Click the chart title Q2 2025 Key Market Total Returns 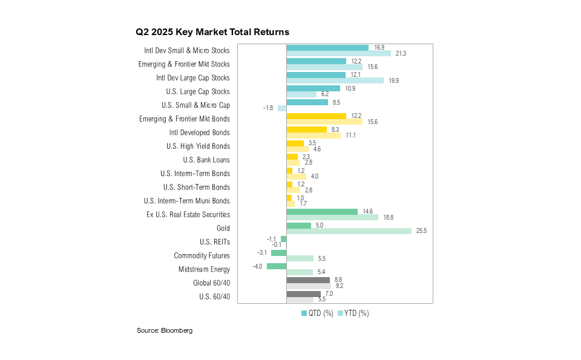tap(212, 31)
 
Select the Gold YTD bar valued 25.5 tap(349, 231)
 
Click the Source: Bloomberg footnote tap(165, 330)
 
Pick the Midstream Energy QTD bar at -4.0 tap(277, 266)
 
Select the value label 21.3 tap(400, 53)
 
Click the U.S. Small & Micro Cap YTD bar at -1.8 tap(282, 108)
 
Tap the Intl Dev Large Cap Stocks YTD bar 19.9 tap(335, 80)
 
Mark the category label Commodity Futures tap(202, 255)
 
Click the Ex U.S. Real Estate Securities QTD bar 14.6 tap(322, 211)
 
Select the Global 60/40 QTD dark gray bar tap(308, 280)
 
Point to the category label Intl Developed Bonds tap(200, 133)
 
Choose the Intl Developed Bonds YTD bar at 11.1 tap(313, 136)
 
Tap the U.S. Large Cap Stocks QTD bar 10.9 tap(313, 88)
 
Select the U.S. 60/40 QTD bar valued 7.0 tap(303, 293)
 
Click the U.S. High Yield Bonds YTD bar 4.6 tap(297, 149)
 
